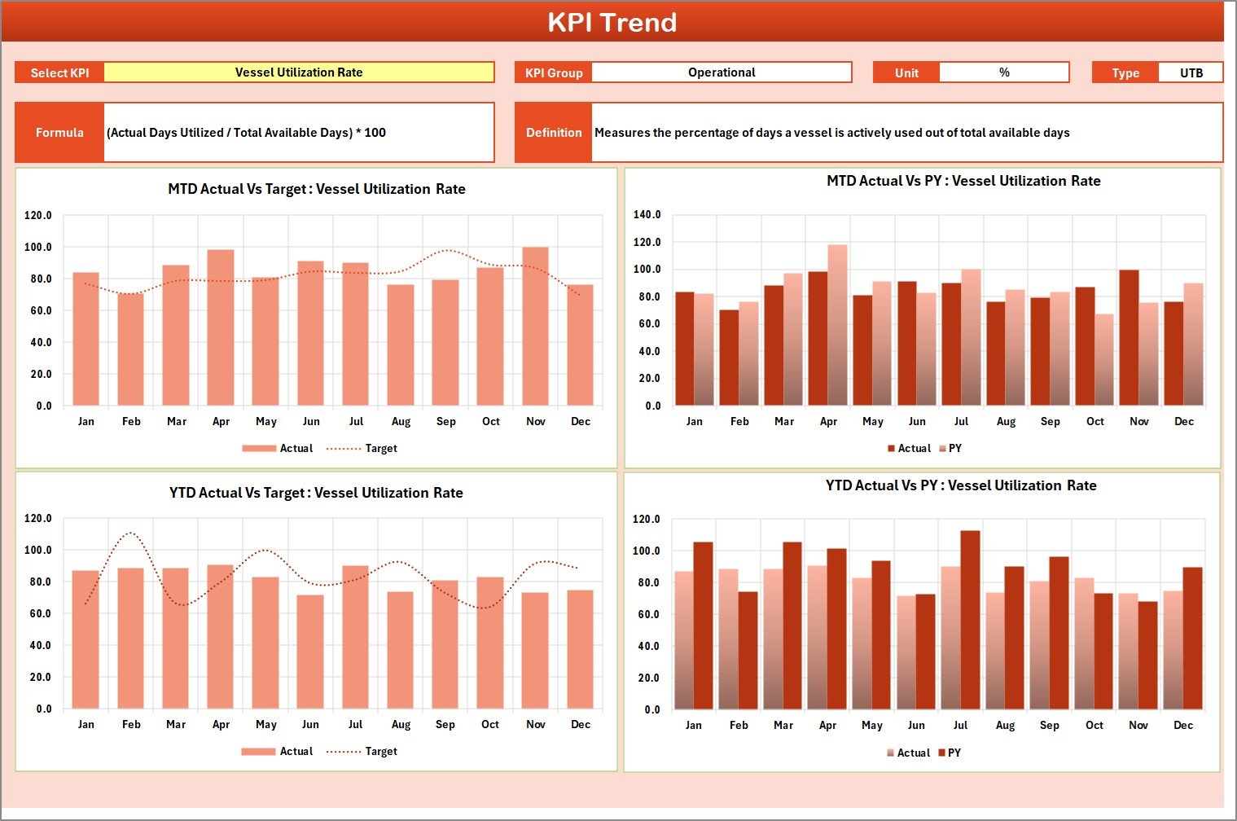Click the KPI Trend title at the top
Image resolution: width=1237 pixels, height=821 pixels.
click(612, 22)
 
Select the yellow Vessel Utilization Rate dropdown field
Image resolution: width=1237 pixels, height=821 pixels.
click(299, 72)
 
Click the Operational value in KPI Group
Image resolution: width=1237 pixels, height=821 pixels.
click(721, 72)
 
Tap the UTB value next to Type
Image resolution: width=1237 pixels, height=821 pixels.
click(1191, 72)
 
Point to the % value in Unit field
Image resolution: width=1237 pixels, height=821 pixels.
click(1003, 72)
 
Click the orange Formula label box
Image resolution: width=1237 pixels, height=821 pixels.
click(59, 133)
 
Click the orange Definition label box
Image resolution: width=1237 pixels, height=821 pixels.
click(554, 133)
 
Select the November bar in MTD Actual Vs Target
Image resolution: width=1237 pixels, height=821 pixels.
click(535, 326)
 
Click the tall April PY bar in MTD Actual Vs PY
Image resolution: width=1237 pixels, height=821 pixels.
click(837, 326)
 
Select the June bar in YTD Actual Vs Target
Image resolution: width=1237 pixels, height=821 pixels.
click(310, 652)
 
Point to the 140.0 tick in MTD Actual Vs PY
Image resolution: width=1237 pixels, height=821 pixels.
click(647, 215)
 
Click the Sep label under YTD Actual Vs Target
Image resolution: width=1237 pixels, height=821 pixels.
click(445, 725)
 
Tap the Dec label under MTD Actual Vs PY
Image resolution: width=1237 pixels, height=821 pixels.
click(1183, 422)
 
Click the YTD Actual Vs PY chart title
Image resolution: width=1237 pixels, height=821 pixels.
click(961, 485)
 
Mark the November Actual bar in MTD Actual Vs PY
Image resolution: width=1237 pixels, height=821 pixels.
click(1129, 338)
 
